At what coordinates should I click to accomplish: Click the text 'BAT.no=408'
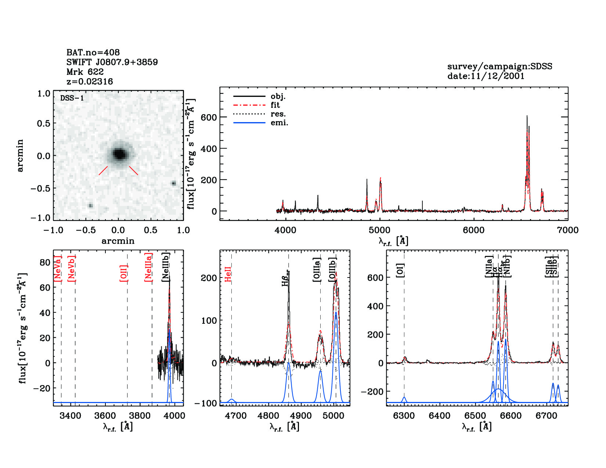tap(93, 52)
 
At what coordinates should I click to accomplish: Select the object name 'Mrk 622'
tap(85, 72)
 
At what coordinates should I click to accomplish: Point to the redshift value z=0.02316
tap(90, 81)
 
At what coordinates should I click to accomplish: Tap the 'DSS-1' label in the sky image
tap(72, 98)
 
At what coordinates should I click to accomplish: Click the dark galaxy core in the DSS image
tap(119, 154)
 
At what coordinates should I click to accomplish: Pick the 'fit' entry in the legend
tap(275, 105)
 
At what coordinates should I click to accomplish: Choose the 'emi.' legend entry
tap(279, 123)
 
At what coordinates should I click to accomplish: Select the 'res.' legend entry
tap(278, 114)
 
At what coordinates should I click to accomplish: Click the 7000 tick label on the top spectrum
tap(567, 230)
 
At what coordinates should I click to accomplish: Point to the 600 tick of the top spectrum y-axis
tap(209, 117)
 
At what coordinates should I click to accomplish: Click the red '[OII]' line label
tap(124, 273)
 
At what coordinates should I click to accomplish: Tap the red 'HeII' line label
tap(228, 274)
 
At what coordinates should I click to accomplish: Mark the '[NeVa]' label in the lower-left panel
tap(58, 268)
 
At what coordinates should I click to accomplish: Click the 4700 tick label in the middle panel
tap(235, 416)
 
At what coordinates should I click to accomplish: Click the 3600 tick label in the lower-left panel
tap(105, 416)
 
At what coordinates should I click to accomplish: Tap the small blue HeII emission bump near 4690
tap(232, 400)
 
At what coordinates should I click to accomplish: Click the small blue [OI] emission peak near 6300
tap(404, 398)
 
